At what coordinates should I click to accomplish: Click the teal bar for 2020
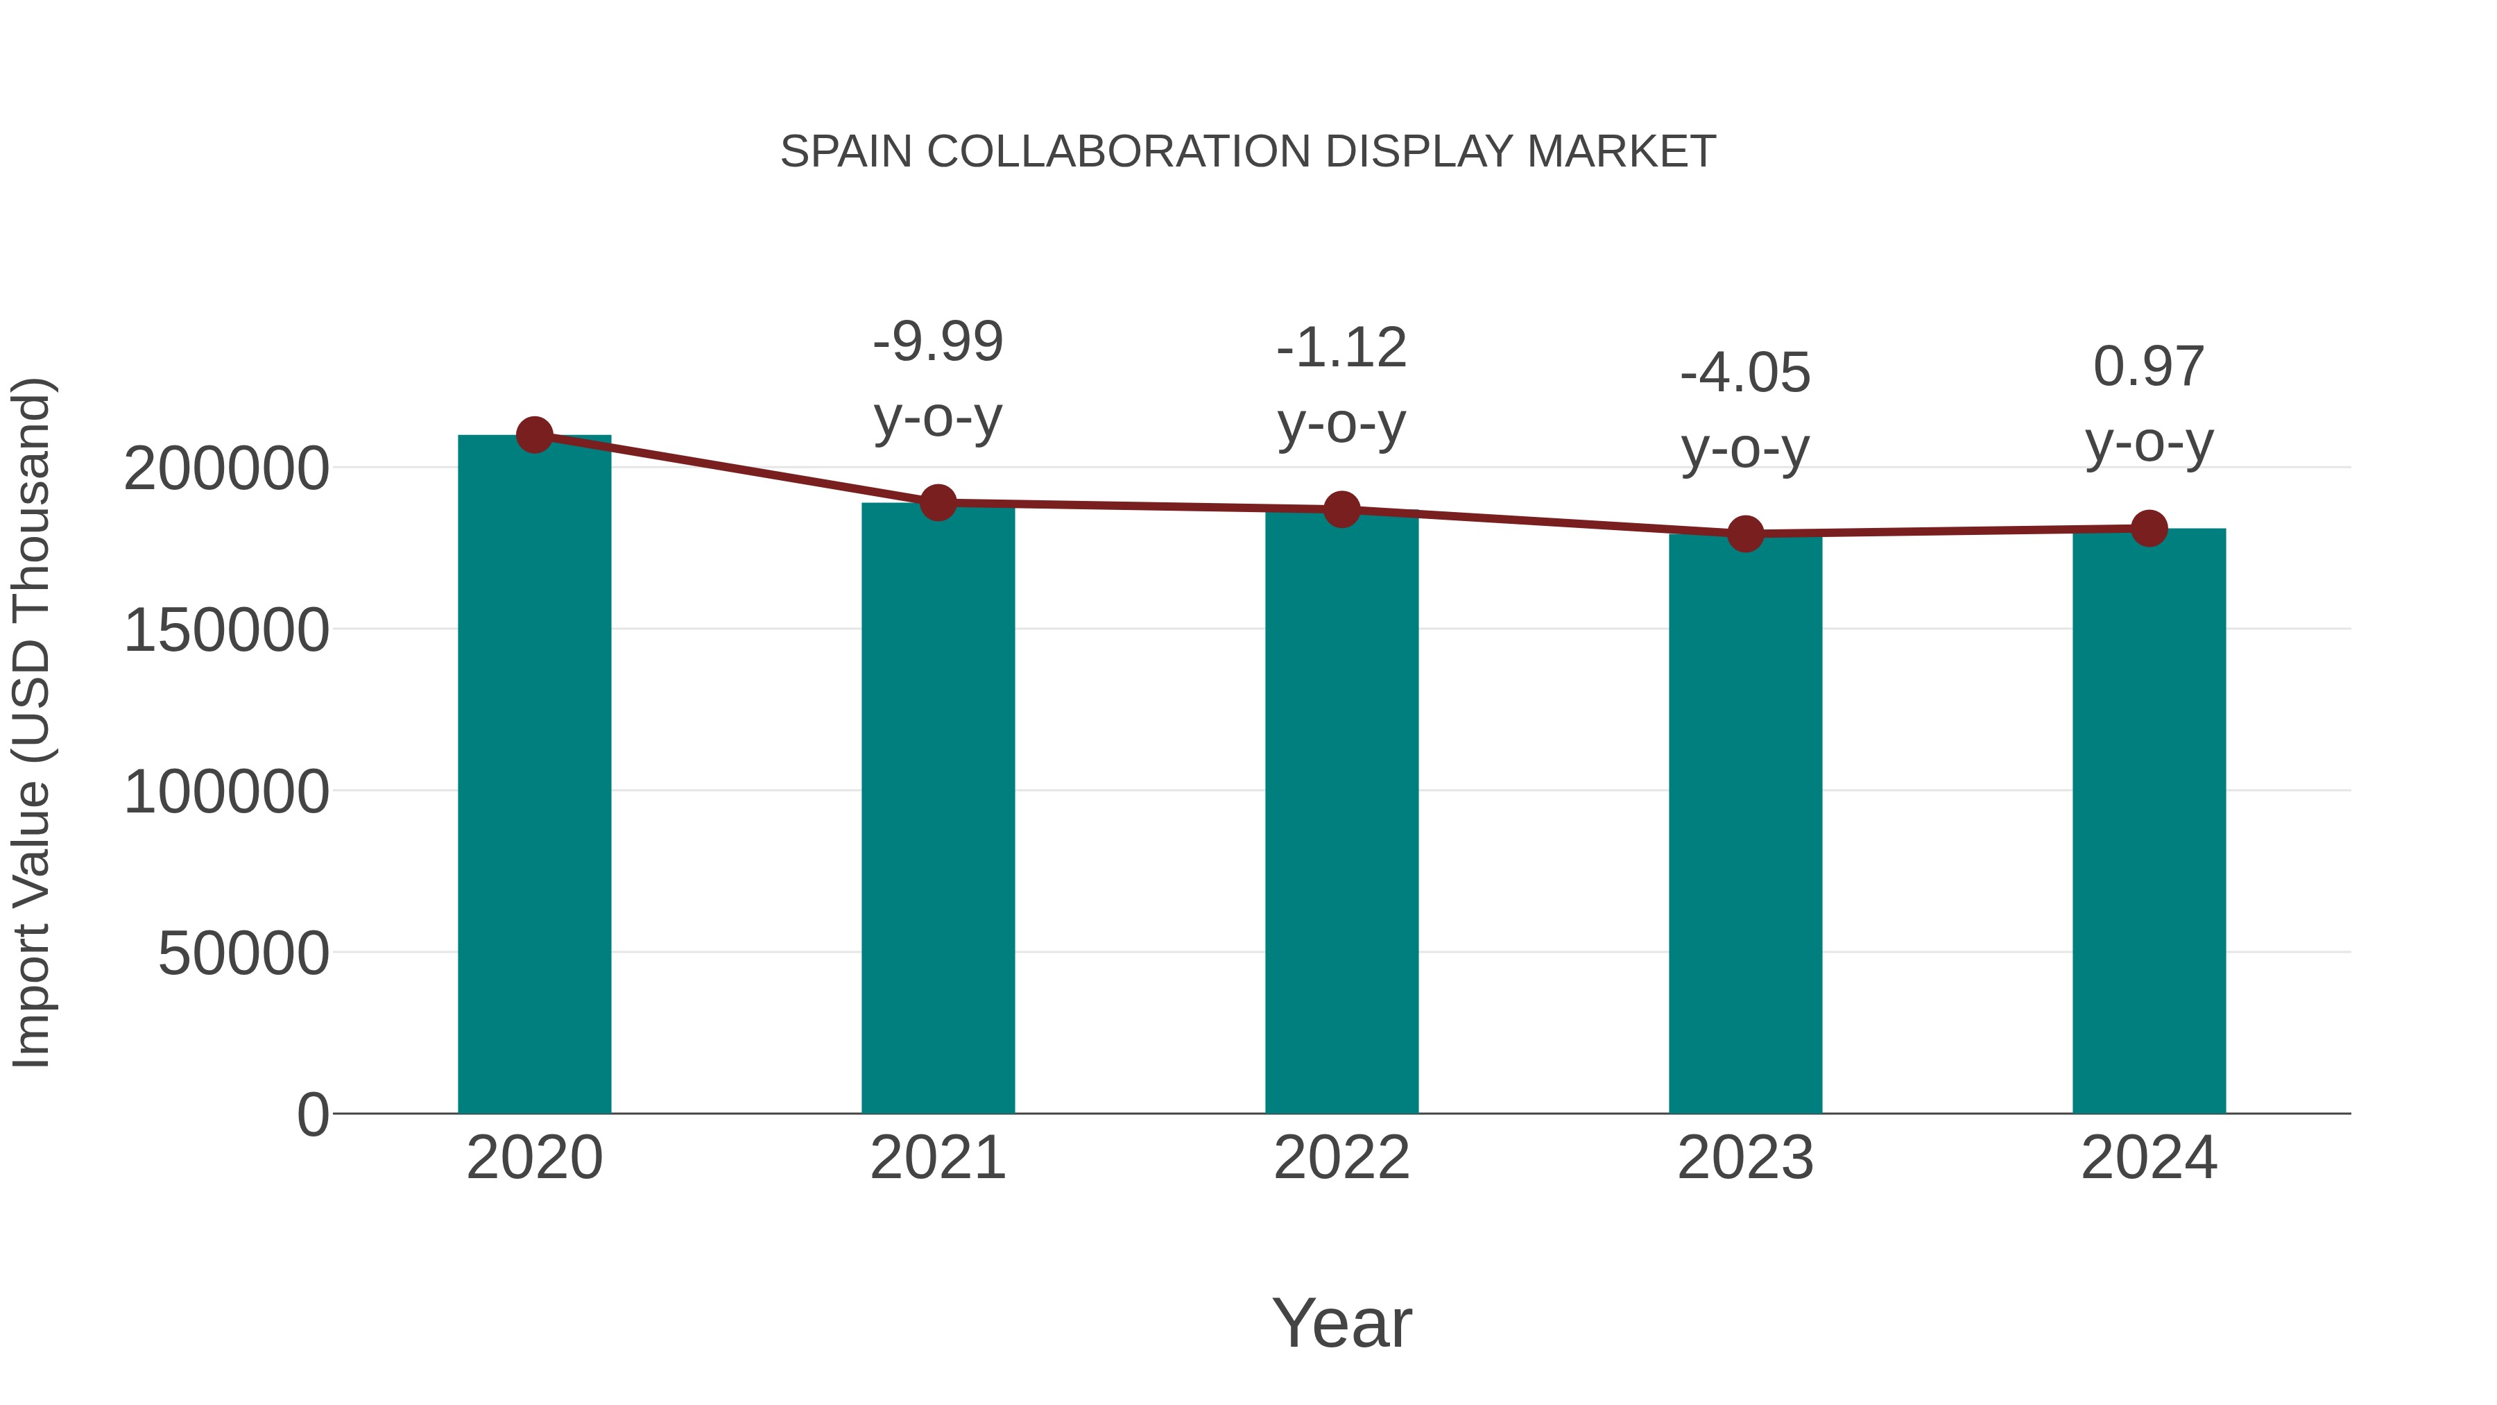click(x=534, y=776)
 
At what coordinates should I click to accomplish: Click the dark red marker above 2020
click(x=534, y=435)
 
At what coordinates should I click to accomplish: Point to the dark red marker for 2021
click(x=937, y=503)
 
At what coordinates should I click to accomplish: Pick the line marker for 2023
click(x=1745, y=534)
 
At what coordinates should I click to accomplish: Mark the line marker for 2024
click(x=2149, y=529)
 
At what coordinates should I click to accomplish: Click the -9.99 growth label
click(x=937, y=341)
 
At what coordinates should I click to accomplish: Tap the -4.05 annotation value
click(x=1745, y=373)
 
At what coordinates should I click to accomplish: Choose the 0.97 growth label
click(x=2149, y=366)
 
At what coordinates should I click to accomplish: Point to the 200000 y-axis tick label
click(x=226, y=469)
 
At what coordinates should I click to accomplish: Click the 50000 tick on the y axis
click(x=243, y=954)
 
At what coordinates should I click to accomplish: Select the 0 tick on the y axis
click(x=313, y=1115)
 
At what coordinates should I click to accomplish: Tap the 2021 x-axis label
click(x=937, y=1158)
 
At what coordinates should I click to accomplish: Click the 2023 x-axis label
click(x=1745, y=1158)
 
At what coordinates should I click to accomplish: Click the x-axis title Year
click(x=1341, y=1322)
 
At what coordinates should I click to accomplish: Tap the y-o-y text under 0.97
click(x=2149, y=444)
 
